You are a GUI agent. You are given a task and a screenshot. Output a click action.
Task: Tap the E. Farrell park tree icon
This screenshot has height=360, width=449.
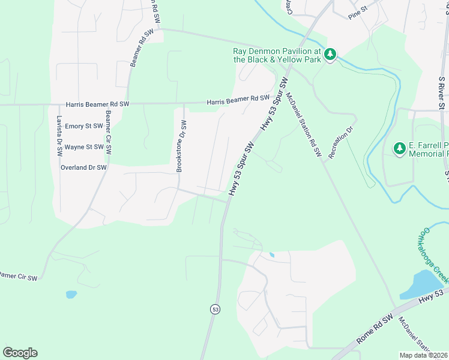(x=399, y=148)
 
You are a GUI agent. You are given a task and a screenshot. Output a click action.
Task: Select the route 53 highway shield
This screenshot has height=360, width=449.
(x=215, y=309)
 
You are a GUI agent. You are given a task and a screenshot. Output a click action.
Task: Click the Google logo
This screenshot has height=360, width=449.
(x=20, y=353)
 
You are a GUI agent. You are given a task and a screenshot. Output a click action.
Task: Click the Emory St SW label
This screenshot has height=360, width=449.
(x=85, y=126)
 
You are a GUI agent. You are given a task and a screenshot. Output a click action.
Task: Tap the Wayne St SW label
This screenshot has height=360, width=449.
(x=85, y=146)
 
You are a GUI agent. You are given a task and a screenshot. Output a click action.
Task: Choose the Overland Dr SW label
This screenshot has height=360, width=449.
(x=83, y=167)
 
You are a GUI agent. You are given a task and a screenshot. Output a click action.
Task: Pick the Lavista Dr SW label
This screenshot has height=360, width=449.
(x=59, y=136)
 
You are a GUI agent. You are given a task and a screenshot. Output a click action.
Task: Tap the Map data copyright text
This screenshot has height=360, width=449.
(x=423, y=355)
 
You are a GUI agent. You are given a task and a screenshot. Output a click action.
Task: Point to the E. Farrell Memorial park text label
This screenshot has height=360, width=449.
(x=428, y=150)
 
